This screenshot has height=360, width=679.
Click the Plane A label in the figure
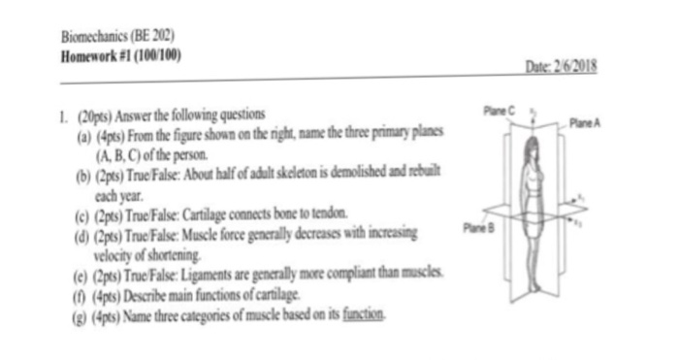(587, 123)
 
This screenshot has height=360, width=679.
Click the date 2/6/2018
(580, 65)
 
